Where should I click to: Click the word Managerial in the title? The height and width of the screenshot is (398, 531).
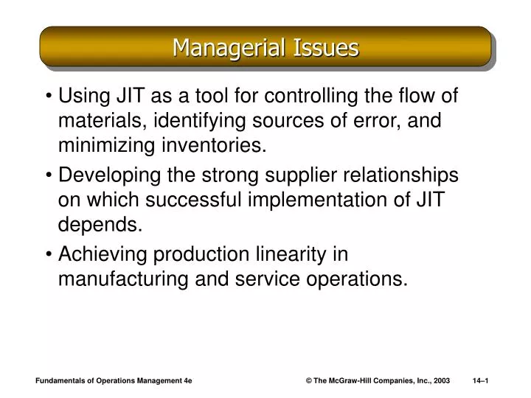pyautogui.click(x=220, y=48)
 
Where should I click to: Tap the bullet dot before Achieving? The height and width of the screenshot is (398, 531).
pyautogui.click(x=49, y=254)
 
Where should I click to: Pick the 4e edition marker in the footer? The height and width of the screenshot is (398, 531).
pyautogui.click(x=187, y=380)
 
